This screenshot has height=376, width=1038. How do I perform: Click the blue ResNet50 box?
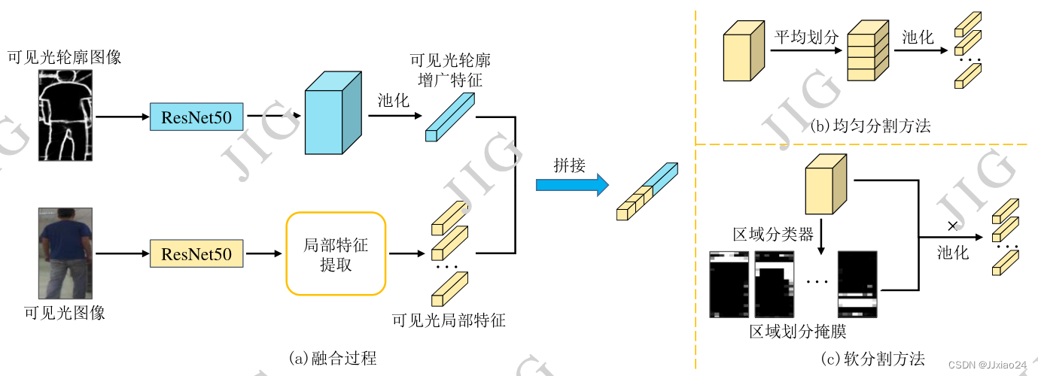[x=196, y=117]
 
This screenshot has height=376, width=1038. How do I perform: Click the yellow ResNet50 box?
[x=196, y=253]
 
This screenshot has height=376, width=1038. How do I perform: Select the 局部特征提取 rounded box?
[x=336, y=254]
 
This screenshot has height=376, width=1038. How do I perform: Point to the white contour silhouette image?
[x=67, y=117]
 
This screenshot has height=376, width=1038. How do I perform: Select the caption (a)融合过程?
[x=332, y=358]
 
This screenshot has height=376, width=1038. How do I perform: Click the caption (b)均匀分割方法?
[x=871, y=126]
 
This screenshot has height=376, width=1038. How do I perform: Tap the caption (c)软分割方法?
[x=871, y=358]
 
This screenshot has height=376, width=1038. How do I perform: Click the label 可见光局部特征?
[x=449, y=320]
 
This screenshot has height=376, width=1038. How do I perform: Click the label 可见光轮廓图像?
[x=64, y=57]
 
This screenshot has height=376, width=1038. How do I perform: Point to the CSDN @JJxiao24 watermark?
[x=987, y=365]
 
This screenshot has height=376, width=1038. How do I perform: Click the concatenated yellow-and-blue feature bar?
[x=647, y=191]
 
